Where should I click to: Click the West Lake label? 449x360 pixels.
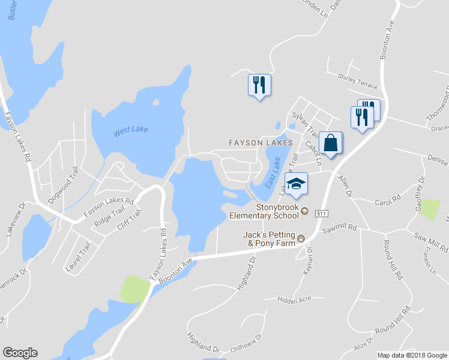[x=130, y=130]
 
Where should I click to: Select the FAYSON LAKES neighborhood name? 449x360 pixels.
[x=261, y=143]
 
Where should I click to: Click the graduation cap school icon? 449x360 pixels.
[x=295, y=184]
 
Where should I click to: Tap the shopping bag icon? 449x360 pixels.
[x=330, y=143]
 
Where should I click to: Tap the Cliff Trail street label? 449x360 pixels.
[x=131, y=220]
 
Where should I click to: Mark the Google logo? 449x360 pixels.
[x=20, y=353]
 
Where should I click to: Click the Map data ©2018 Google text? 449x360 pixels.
[x=411, y=355]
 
